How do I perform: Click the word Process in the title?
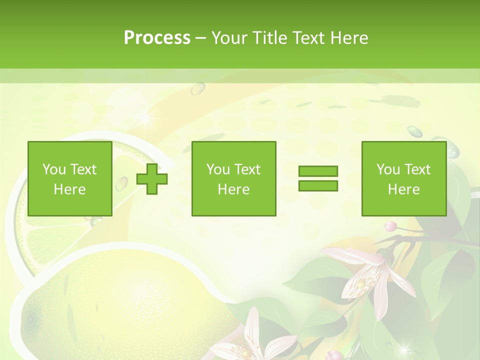[157, 38]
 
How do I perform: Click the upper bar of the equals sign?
[318, 171]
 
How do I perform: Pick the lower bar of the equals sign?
[318, 185]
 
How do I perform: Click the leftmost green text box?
[69, 179]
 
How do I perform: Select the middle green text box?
[233, 179]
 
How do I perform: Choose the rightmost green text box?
[403, 179]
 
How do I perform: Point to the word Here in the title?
[348, 38]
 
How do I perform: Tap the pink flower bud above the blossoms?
[391, 226]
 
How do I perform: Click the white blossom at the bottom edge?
[260, 340]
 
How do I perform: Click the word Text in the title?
[308, 38]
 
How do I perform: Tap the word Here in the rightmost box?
[403, 189]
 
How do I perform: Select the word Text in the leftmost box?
[83, 169]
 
